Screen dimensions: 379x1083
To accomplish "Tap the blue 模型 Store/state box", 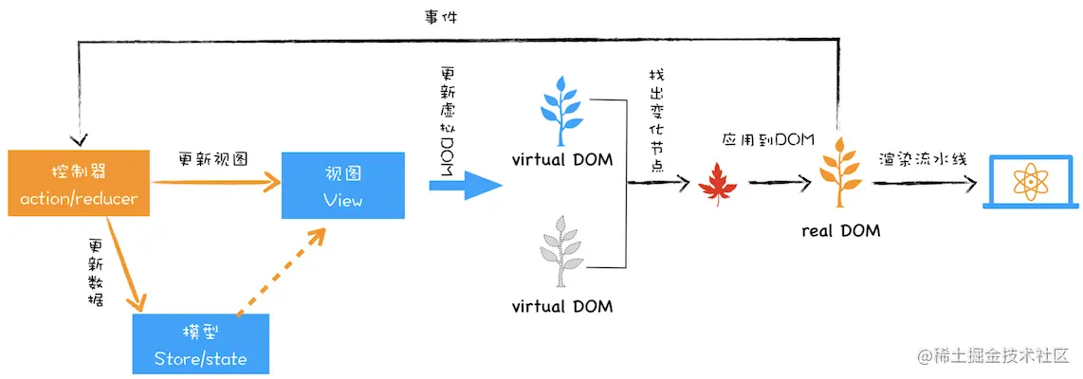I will (x=201, y=344).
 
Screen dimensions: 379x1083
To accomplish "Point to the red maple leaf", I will (x=718, y=181).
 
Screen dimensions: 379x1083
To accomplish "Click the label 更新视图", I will (x=213, y=159).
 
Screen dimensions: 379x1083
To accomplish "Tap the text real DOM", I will (x=841, y=230).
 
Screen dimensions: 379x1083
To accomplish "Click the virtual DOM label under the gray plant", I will (x=562, y=306).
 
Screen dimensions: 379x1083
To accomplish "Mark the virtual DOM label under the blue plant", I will (x=562, y=158).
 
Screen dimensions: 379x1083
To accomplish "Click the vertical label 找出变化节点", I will (x=656, y=118).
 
